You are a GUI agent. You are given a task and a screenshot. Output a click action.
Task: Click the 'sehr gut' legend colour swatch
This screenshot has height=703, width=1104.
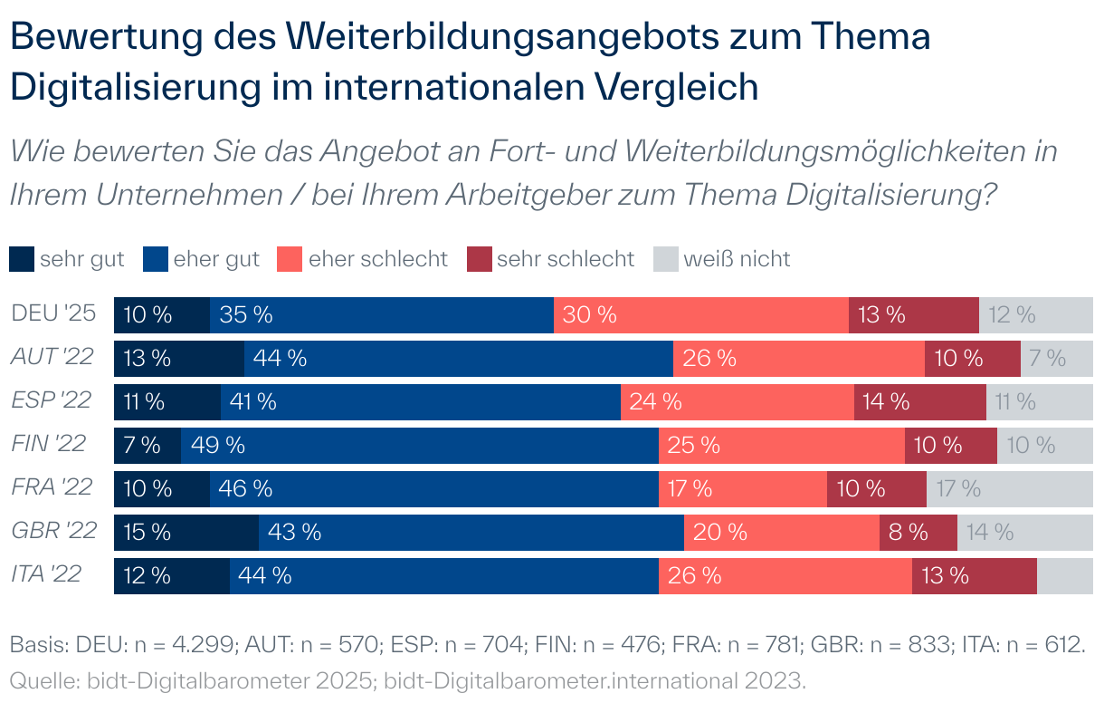tap(22, 259)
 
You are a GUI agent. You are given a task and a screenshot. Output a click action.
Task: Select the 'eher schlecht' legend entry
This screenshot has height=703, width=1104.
tap(377, 259)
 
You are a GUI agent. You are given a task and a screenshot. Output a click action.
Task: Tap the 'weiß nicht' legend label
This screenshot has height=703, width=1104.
tap(737, 259)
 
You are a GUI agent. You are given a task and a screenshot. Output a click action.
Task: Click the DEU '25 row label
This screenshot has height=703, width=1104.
tap(53, 313)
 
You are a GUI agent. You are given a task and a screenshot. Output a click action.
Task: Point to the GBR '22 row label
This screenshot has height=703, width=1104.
tap(53, 531)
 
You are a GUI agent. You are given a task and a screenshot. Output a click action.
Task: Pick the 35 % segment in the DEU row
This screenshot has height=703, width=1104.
tap(381, 314)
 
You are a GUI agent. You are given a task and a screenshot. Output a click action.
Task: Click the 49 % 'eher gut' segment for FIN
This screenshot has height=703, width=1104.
tap(419, 445)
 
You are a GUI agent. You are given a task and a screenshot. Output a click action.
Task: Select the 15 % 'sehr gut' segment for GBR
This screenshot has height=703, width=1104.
tap(186, 532)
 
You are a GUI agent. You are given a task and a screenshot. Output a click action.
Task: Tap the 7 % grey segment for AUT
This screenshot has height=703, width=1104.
tap(1056, 358)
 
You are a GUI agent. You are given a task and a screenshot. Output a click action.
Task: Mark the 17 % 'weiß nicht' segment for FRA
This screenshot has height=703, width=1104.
tap(1009, 488)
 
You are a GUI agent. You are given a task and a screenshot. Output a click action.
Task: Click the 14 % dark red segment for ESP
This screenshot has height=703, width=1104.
tap(919, 401)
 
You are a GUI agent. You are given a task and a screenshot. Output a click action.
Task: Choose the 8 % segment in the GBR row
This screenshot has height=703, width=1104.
tap(918, 532)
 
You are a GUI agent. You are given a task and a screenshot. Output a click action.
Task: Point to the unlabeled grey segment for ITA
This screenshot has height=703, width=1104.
tap(1064, 575)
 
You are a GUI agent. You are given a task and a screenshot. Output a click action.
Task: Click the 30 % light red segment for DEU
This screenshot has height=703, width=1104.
tap(700, 314)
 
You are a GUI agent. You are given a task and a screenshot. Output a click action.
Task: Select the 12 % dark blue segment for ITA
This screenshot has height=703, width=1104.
tap(171, 575)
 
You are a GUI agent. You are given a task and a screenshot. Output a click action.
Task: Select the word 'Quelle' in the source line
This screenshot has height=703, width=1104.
tap(39, 678)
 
